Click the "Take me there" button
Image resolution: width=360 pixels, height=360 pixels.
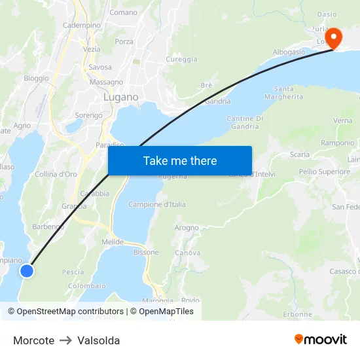180,161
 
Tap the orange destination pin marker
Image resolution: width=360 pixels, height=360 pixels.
334,38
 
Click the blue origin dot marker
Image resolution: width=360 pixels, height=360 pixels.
27,270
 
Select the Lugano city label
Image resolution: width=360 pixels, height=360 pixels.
121,97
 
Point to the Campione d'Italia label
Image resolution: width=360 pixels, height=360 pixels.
157,204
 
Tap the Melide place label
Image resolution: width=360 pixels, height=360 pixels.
113,242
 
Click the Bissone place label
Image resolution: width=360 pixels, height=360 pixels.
146,252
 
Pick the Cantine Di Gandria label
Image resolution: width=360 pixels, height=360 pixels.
245,122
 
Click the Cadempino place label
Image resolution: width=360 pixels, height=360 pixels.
82,25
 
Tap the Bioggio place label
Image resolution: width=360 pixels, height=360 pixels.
36,78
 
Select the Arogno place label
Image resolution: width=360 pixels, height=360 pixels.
187,228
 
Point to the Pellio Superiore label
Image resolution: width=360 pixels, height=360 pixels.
325,171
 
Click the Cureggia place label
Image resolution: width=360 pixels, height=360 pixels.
182,59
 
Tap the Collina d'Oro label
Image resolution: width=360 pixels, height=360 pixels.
56,174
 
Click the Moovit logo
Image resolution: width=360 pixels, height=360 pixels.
321,340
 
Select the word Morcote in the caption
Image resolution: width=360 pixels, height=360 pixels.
33,340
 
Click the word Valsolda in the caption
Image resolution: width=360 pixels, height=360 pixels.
99,340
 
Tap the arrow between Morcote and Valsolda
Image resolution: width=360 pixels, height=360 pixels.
66,340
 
